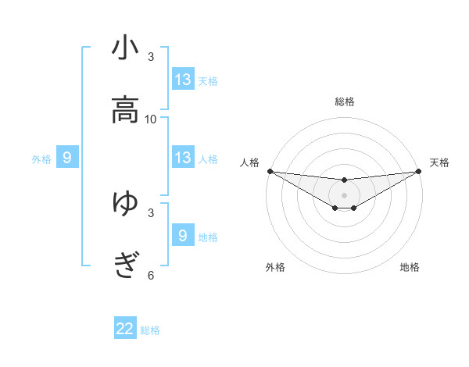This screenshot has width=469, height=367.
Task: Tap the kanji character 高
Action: point(125,110)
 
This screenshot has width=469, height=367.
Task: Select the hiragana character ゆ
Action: point(125,204)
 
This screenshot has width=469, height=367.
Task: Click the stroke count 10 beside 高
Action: point(151,119)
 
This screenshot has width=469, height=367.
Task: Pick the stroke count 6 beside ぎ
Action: point(151,275)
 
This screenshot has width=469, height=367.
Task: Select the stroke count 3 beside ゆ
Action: point(151,212)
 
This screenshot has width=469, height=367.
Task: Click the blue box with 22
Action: point(125,329)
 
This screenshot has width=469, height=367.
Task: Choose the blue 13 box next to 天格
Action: point(183,80)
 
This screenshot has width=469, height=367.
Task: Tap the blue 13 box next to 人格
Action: point(183,158)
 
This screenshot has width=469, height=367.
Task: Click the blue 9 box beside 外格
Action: point(67,158)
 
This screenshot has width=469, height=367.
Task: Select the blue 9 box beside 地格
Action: point(183,236)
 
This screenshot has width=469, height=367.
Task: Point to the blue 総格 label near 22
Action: point(150,330)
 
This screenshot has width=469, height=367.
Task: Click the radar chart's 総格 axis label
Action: point(344,102)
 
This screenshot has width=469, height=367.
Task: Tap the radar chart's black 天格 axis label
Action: point(439,162)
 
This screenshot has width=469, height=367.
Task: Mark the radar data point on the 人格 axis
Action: point(270,171)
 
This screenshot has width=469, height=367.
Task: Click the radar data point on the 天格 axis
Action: point(418,171)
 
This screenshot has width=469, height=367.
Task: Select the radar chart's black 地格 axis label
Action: point(410,267)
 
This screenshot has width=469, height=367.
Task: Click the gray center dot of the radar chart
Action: point(344,194)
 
